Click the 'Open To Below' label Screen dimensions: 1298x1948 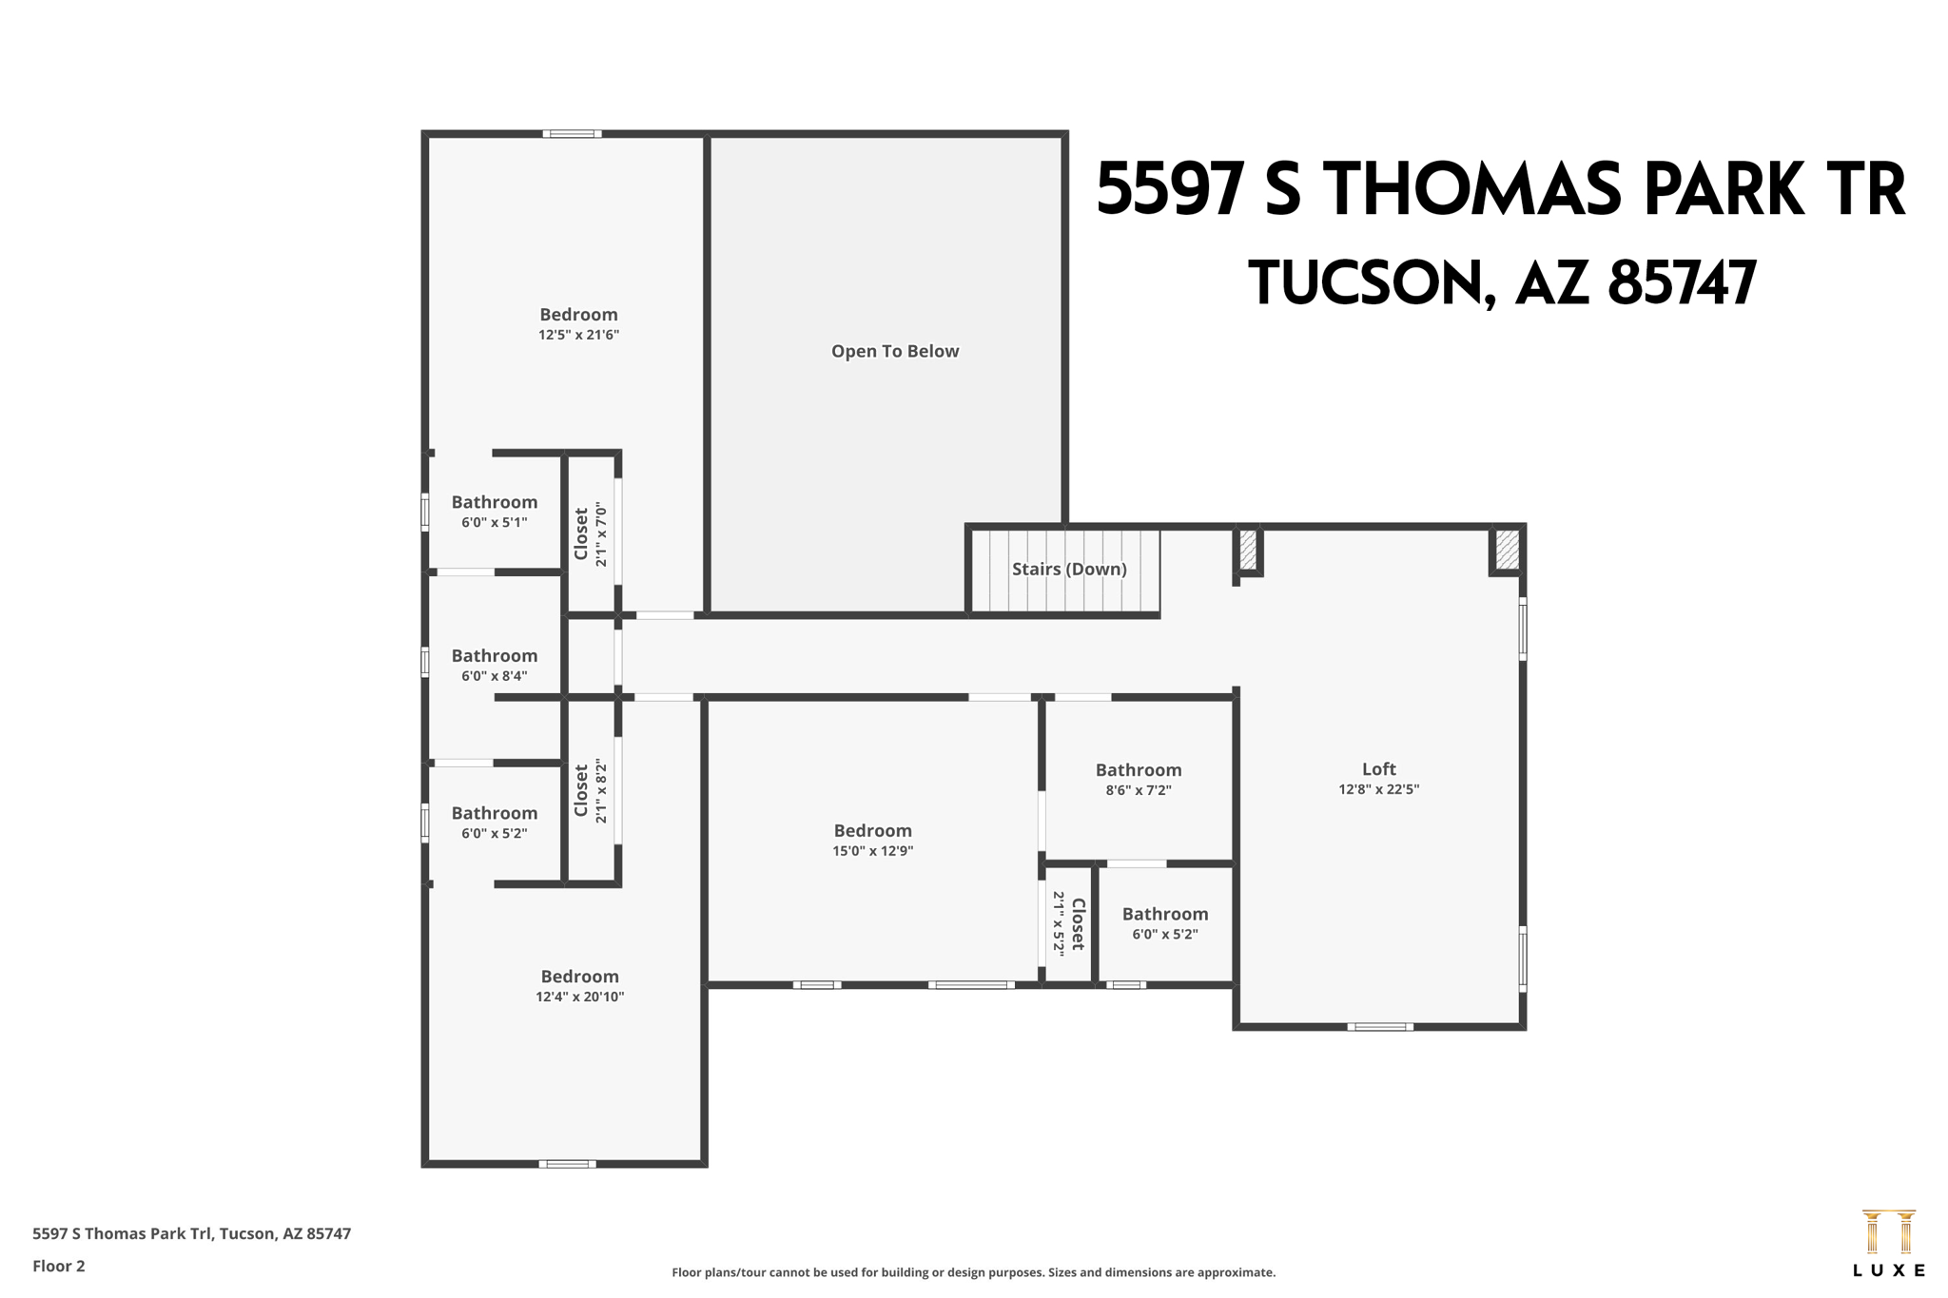coord(894,351)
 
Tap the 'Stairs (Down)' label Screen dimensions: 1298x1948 coord(1068,569)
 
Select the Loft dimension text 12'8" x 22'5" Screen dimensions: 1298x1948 coord(1378,789)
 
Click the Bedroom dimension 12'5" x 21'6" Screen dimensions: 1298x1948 coord(578,335)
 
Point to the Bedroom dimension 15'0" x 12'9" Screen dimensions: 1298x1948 coord(872,851)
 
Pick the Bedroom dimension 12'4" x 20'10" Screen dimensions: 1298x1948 coord(579,997)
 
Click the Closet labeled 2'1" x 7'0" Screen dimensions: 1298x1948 coord(590,534)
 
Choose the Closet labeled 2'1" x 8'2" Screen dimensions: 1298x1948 coord(590,790)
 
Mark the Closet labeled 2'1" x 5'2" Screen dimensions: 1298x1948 coord(1068,922)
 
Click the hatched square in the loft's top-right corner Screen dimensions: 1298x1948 coord(1507,551)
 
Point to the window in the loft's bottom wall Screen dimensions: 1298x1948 coord(1379,1027)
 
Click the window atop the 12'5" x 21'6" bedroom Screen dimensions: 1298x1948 coord(572,134)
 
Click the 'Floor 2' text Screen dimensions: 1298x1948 coord(59,1266)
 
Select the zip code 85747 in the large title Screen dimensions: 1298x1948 coord(1682,283)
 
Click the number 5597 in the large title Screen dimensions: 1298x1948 coord(1170,189)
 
